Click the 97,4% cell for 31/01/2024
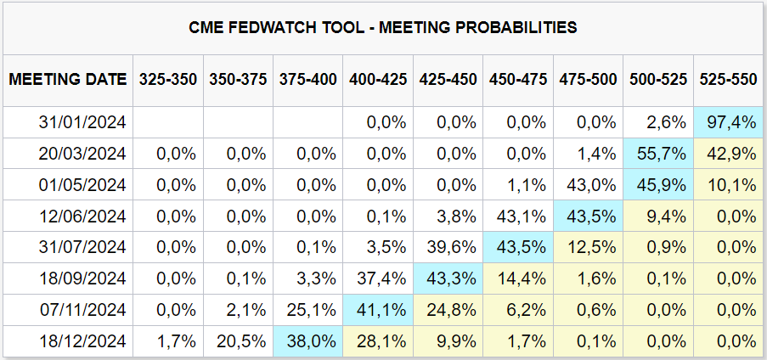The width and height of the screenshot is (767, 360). click(x=730, y=122)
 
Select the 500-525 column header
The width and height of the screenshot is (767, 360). click(x=658, y=79)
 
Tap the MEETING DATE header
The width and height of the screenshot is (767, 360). click(x=68, y=79)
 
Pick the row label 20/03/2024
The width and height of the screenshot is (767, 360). click(x=82, y=154)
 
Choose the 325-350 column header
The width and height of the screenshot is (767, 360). click(x=168, y=79)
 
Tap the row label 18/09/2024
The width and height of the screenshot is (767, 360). click(x=82, y=278)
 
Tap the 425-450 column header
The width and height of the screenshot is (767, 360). click(x=448, y=79)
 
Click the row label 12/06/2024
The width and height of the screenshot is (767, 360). click(x=82, y=216)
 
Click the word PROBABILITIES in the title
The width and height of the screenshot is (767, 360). click(x=514, y=27)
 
